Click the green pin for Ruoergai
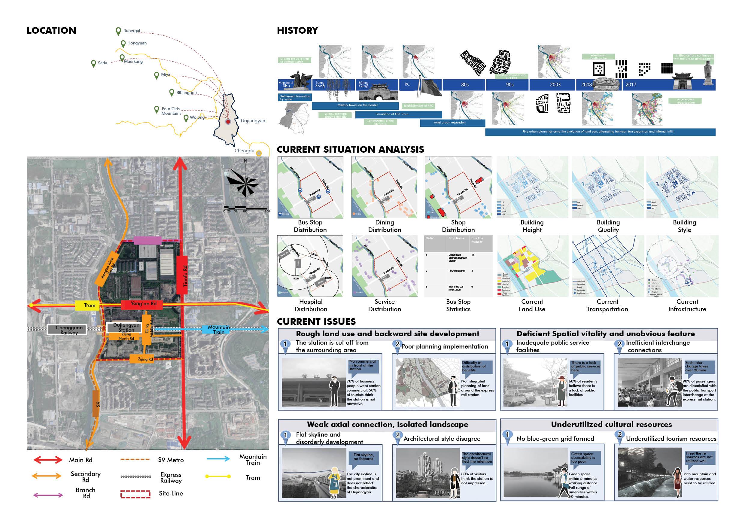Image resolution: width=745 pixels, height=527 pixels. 118,31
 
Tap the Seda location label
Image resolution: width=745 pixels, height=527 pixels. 102,63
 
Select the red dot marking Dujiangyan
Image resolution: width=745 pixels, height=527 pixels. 228,122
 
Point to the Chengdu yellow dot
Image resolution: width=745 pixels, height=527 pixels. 259,153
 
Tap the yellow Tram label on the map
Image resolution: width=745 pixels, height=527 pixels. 90,305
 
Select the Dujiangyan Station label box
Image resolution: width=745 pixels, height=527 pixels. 126,327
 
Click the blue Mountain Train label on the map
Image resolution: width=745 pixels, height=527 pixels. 219,329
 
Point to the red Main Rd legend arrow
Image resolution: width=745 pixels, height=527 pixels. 48,460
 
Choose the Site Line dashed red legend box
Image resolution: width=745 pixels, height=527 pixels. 135,494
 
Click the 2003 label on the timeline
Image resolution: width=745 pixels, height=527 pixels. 555,85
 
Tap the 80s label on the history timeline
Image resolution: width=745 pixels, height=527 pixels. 465,85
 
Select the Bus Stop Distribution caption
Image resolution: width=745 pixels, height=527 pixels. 310,226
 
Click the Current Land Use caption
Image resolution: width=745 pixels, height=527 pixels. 532,305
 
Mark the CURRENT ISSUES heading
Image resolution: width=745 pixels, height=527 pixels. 316,321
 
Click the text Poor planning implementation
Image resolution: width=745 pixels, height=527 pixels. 445,346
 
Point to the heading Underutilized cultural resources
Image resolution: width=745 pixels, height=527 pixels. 611,425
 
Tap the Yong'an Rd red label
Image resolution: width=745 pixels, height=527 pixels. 143,304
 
